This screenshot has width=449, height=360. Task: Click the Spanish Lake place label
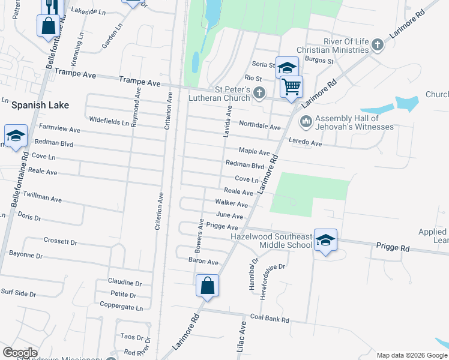[40, 105]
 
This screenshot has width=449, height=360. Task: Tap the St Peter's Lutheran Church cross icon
[259, 92]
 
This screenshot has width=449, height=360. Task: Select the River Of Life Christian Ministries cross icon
[377, 45]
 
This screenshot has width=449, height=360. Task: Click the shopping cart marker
[291, 86]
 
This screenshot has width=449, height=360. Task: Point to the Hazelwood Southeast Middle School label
[271, 241]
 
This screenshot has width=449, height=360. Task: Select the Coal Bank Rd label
[270, 319]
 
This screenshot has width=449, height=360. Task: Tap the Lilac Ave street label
[243, 336]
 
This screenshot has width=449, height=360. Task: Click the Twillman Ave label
[42, 197]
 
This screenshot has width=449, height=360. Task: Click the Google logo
[20, 353]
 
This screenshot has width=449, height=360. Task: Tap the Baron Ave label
[203, 262]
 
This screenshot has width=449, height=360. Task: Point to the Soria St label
[263, 65]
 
